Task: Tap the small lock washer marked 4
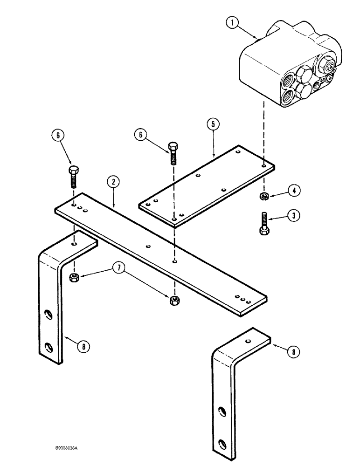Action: tap(263, 196)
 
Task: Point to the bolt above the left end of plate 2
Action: tap(74, 175)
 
